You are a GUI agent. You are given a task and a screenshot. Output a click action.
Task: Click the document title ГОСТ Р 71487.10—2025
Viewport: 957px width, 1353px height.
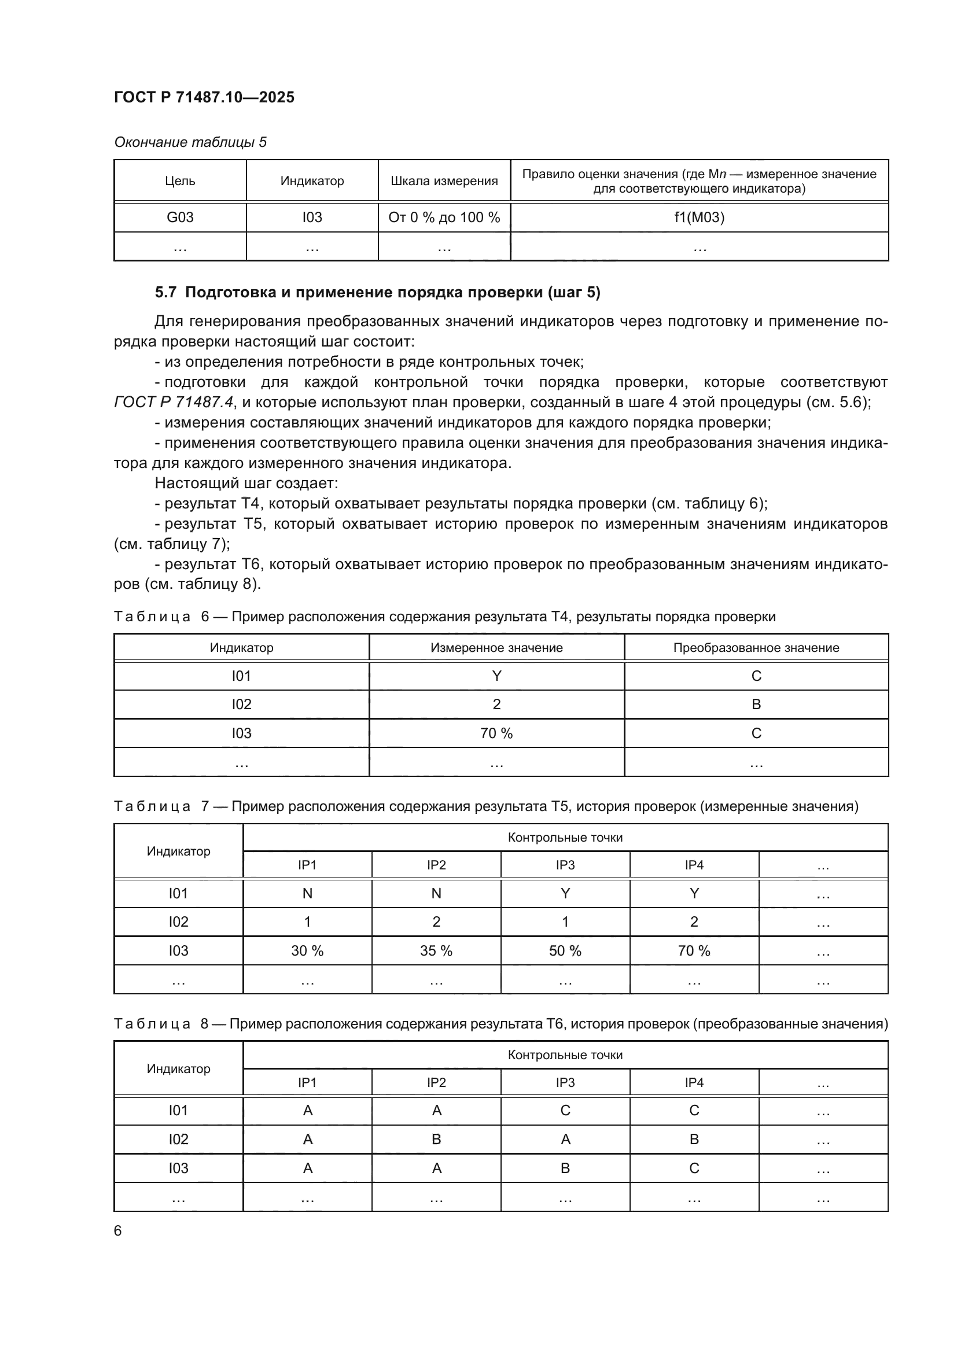(x=204, y=97)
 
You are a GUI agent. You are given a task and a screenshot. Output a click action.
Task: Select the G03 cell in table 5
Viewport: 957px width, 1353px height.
(x=180, y=217)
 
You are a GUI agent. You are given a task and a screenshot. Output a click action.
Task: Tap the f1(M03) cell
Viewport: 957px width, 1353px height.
(x=699, y=217)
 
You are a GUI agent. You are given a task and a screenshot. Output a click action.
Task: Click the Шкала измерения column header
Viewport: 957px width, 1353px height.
(x=444, y=181)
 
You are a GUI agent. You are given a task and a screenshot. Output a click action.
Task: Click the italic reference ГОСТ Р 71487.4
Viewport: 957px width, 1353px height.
(x=174, y=403)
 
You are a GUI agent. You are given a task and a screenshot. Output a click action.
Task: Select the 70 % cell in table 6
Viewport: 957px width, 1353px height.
(x=496, y=733)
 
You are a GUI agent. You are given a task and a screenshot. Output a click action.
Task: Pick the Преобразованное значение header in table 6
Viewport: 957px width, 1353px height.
(x=756, y=648)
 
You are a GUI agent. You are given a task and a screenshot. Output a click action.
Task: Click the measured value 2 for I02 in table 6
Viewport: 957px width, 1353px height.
(x=496, y=704)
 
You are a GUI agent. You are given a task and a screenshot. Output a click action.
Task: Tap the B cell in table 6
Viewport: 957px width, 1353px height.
(x=756, y=704)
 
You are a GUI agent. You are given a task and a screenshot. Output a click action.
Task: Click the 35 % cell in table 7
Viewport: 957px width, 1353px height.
(x=436, y=950)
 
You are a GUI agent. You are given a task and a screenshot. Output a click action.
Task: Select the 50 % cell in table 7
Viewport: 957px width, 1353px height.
(x=565, y=950)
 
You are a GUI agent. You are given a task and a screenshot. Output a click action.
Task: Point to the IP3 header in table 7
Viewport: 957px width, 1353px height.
(x=565, y=865)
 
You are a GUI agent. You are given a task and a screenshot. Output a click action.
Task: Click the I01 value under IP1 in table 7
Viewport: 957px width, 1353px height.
(x=307, y=893)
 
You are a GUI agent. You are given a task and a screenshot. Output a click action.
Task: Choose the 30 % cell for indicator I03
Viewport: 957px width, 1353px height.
(x=307, y=950)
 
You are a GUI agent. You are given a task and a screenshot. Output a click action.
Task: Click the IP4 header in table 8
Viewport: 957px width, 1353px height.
(x=694, y=1082)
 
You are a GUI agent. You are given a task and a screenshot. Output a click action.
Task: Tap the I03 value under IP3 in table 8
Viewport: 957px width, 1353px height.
(x=565, y=1168)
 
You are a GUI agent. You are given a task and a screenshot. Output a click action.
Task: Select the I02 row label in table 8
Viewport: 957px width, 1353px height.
(x=178, y=1139)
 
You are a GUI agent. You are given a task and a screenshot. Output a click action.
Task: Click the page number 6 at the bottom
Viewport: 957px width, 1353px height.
(x=118, y=1231)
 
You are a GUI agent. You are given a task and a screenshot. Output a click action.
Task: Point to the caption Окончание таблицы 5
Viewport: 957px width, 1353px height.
(x=190, y=142)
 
